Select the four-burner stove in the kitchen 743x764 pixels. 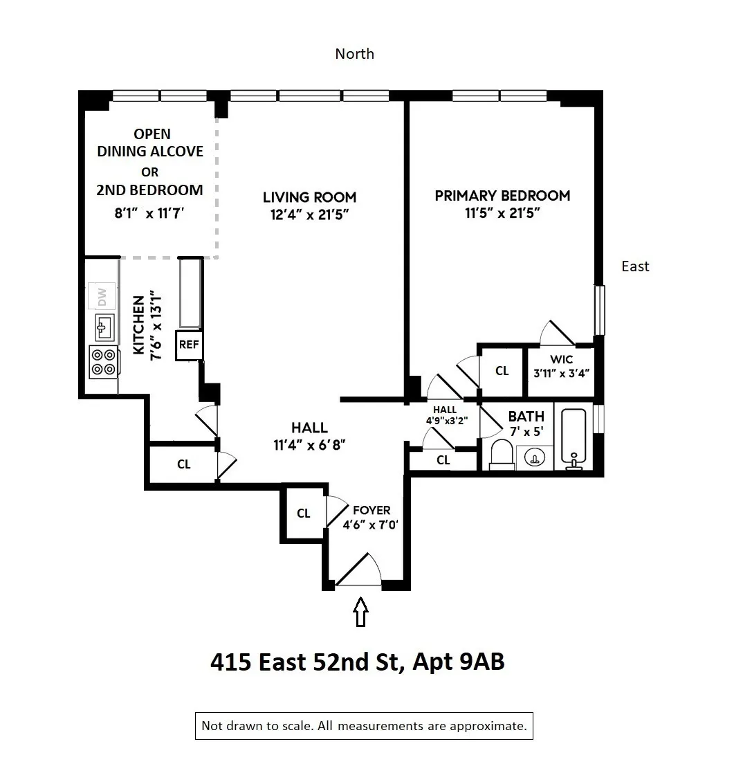point(103,361)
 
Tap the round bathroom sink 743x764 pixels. point(534,457)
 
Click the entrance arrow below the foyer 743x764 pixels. point(360,612)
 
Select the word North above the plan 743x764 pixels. point(354,54)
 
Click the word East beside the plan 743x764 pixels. point(635,266)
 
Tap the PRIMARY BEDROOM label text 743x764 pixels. point(502,196)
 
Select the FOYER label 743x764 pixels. point(371,511)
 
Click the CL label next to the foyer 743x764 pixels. point(303,513)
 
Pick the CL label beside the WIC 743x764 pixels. point(502,371)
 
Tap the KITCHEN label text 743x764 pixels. point(139,325)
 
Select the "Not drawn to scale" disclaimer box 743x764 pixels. point(364,726)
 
